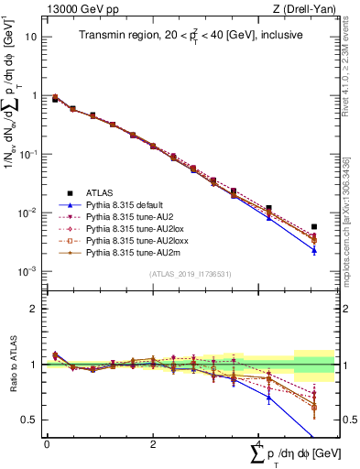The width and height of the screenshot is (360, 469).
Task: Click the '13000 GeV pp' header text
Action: [x=80, y=9]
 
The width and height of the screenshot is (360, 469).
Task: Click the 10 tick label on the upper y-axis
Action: [x=31, y=37]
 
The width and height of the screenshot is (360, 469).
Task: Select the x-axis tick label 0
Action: [x=47, y=444]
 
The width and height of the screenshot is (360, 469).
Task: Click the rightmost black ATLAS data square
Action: [x=313, y=226]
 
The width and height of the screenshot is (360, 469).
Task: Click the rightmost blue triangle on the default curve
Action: [x=313, y=249]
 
